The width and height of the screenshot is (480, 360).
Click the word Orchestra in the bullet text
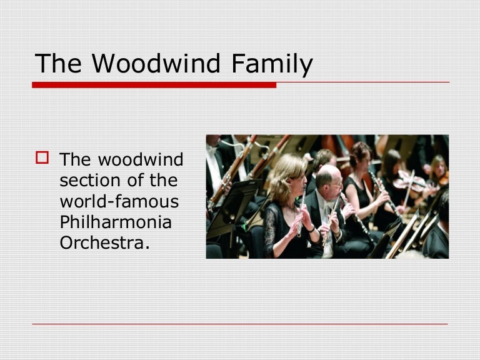(x=105, y=242)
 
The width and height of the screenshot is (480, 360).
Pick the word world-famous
(x=119, y=201)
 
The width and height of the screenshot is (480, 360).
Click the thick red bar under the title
(x=154, y=85)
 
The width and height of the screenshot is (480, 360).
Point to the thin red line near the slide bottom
(x=240, y=324)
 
